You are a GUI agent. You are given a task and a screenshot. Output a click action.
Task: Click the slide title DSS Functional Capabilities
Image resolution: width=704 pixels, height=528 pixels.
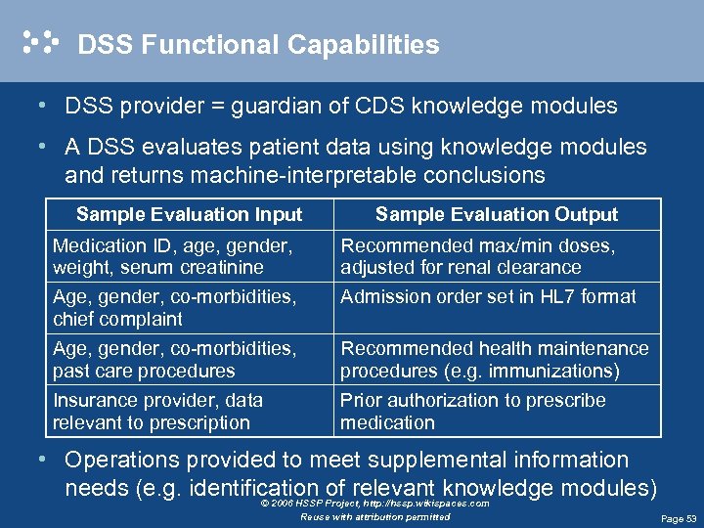(x=258, y=45)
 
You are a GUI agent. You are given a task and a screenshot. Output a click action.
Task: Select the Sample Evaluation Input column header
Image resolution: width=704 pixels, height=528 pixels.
(x=189, y=214)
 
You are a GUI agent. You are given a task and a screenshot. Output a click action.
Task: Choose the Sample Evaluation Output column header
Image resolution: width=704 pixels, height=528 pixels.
(x=497, y=214)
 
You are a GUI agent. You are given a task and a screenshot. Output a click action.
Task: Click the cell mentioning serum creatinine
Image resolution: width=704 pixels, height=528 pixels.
(x=172, y=256)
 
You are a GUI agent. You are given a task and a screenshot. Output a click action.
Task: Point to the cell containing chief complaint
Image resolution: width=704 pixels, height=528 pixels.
(x=174, y=308)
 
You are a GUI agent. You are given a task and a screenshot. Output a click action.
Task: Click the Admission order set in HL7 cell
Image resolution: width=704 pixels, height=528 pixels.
(x=488, y=296)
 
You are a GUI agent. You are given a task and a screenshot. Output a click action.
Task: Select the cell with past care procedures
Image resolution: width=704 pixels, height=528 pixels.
(x=174, y=360)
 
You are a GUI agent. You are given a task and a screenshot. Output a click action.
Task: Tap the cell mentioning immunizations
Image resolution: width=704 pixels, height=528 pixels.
(x=494, y=360)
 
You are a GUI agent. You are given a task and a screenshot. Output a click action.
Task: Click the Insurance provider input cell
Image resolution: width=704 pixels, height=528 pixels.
(x=157, y=412)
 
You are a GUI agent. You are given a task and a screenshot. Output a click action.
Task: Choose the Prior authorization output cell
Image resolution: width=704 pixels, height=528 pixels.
(x=472, y=412)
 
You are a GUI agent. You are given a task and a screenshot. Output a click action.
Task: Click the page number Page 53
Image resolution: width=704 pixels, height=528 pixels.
(x=679, y=518)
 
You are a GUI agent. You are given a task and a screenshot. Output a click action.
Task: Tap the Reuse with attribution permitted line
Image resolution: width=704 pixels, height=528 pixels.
(x=375, y=516)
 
